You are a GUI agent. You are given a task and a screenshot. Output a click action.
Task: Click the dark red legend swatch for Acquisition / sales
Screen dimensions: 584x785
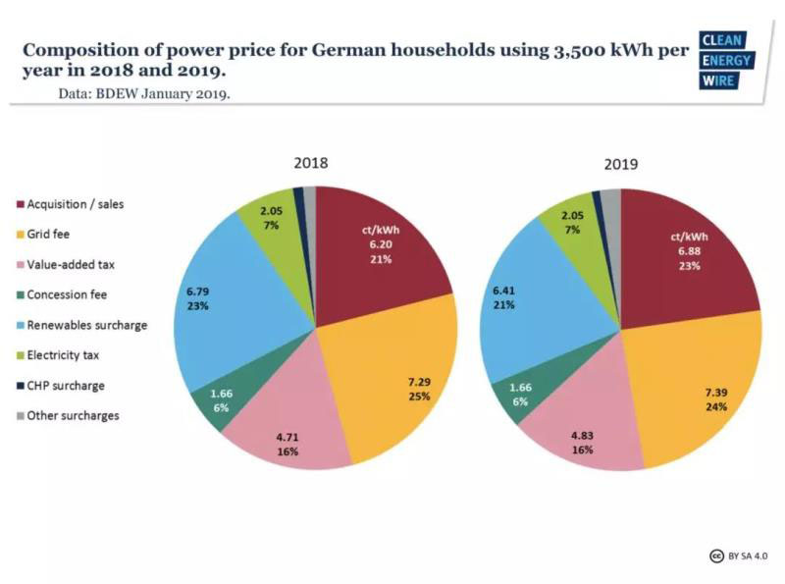tap(19, 205)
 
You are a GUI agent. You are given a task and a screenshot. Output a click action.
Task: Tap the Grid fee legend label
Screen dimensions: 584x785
tap(48, 235)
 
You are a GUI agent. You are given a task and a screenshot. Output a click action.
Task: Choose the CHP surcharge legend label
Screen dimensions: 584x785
tap(66, 386)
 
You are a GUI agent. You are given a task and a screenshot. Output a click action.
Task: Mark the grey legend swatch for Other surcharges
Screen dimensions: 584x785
tap(19, 416)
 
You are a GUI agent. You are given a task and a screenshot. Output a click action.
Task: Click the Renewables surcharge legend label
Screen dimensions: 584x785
tap(87, 325)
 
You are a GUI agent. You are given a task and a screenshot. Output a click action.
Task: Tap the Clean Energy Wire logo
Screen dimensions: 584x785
tap(724, 60)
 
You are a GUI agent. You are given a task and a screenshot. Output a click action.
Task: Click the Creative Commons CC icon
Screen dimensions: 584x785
tap(717, 557)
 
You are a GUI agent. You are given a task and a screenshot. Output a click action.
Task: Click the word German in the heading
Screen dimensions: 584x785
tap(399, 49)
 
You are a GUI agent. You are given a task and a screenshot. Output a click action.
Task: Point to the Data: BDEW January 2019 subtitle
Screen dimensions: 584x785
tap(144, 94)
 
